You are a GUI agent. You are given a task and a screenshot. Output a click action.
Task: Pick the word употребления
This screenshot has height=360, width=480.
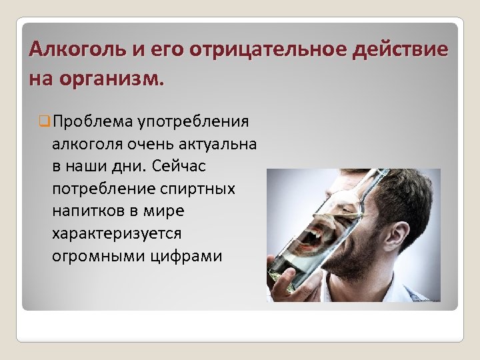[193, 121]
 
